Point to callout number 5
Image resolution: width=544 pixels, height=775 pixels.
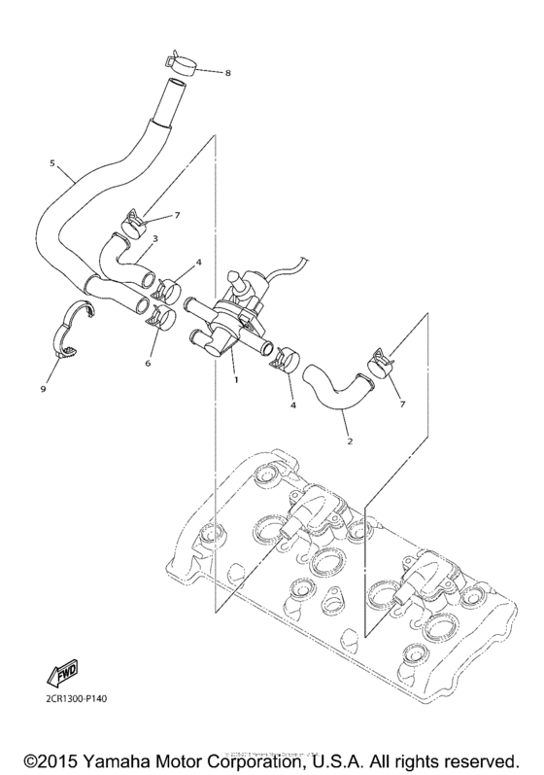click(51, 164)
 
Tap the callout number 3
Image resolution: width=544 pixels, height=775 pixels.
click(154, 239)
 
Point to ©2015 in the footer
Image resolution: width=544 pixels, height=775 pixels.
click(51, 757)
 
